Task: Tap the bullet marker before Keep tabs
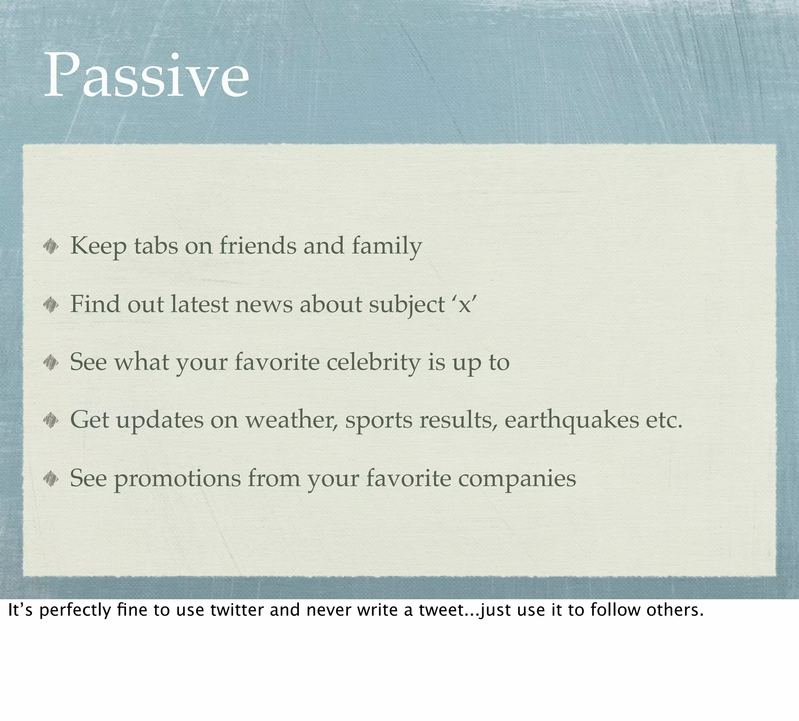coord(51,247)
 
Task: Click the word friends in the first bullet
coord(258,245)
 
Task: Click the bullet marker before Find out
coord(51,305)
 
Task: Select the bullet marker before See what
coord(51,362)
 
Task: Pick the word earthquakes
coord(571,420)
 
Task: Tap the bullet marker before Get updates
coord(51,420)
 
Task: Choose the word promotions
coord(178,479)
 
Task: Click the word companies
coord(517,479)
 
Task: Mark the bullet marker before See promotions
coord(51,479)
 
